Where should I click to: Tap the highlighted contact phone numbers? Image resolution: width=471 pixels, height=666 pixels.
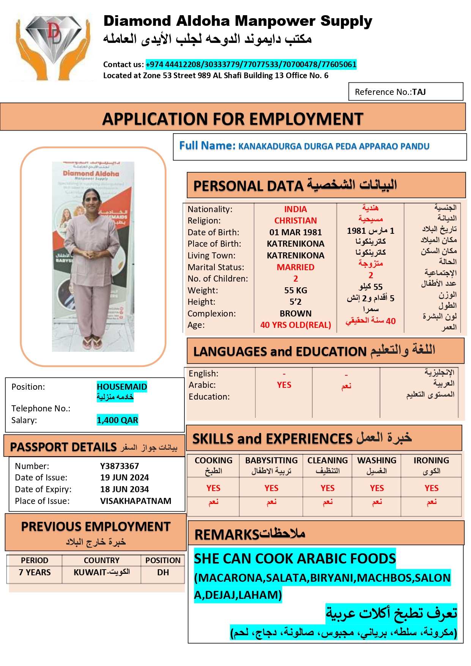(251, 65)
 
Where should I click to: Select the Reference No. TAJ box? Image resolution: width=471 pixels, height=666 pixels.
(405, 92)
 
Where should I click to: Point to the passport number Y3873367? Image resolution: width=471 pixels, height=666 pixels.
(120, 466)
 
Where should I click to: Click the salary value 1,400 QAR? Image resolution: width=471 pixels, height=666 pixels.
(117, 420)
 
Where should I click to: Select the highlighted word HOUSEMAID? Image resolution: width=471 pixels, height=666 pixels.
(122, 387)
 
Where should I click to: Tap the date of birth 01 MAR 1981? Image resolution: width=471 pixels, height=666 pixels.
(295, 232)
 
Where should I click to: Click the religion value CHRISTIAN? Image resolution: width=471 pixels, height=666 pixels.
(295, 220)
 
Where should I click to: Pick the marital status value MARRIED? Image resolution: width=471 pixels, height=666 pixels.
(295, 267)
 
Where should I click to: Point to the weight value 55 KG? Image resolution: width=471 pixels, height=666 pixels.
(295, 290)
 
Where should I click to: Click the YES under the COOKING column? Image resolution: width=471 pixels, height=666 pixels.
(213, 488)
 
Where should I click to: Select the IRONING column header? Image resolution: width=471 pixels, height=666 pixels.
(431, 461)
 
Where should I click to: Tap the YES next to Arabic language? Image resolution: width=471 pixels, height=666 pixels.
(284, 385)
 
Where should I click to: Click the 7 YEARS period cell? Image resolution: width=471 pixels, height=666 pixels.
(35, 572)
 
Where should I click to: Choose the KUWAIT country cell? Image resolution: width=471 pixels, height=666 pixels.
(101, 572)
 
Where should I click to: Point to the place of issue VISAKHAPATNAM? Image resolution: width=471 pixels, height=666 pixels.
(135, 501)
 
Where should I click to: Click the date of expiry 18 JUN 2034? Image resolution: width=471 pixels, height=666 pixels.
(124, 489)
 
